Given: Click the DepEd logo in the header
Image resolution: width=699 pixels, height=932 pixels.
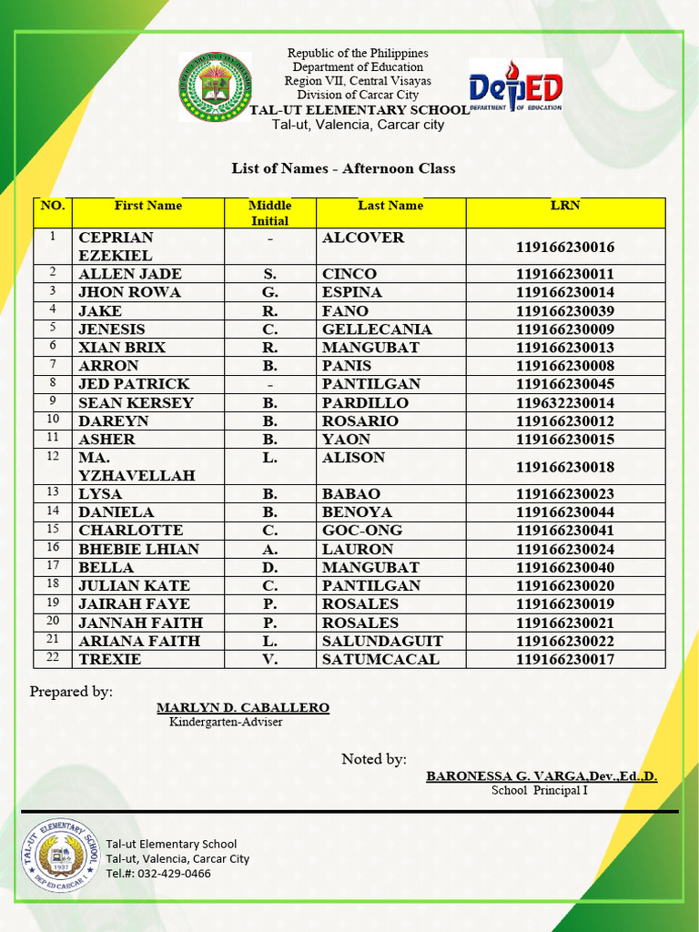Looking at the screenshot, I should coord(515,87).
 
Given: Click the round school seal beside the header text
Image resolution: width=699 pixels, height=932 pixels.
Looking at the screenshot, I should coord(215,87).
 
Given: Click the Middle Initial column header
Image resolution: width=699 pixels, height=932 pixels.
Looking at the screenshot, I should coord(269,213).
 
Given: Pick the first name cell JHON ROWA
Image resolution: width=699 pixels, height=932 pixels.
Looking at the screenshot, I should coord(129,292).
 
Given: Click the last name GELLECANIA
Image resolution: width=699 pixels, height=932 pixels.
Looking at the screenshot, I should coord(377,329).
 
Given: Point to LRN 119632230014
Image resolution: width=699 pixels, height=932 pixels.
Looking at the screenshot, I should coord(564,403).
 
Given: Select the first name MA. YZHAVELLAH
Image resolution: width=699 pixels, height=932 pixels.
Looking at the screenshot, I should coord(124,466).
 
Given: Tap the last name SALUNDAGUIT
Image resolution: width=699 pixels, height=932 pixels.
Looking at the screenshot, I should coord(382,641).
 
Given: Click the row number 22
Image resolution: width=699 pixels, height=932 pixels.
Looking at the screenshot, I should coord(53,658).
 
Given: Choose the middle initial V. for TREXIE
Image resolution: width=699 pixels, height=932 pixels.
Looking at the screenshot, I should coord(269,659).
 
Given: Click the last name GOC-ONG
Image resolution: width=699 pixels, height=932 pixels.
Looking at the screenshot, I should coord(361,531).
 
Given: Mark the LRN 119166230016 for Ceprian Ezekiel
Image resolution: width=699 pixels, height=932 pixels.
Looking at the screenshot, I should coord(564,248).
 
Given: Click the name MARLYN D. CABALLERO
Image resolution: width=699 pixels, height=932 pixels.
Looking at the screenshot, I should coord(243,707).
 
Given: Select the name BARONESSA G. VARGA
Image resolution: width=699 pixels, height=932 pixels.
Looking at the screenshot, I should coord(541,775).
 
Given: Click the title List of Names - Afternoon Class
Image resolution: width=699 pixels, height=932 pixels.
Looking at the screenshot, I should coord(343,168).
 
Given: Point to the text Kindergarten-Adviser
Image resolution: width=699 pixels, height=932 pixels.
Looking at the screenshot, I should coord(226,723).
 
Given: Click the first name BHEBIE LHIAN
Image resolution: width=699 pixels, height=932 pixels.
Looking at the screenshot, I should coord(138,549).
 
